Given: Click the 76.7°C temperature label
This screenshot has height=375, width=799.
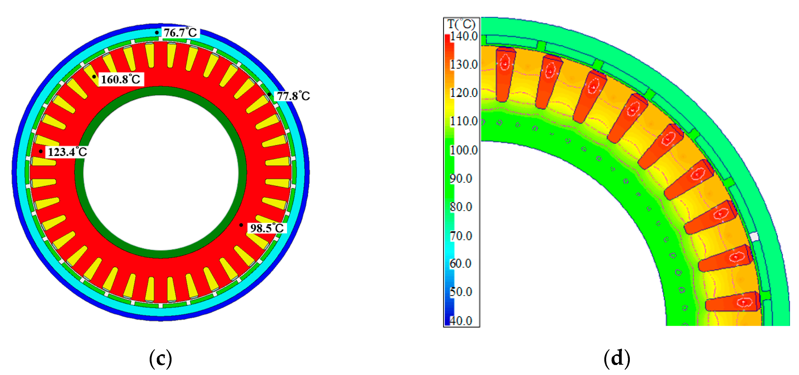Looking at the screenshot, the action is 180,33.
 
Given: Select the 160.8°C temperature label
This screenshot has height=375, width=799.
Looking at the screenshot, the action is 121,79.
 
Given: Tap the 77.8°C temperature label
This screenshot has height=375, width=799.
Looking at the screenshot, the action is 293,96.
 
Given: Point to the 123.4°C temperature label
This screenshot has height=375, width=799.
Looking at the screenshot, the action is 67,152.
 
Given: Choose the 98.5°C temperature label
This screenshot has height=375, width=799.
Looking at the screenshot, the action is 267,228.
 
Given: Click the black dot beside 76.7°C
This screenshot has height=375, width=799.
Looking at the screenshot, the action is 157,33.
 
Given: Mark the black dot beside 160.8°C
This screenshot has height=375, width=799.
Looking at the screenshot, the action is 94,77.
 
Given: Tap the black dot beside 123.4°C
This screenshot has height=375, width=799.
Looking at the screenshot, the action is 41,151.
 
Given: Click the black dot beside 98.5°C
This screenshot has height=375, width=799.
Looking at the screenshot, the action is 241,225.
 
